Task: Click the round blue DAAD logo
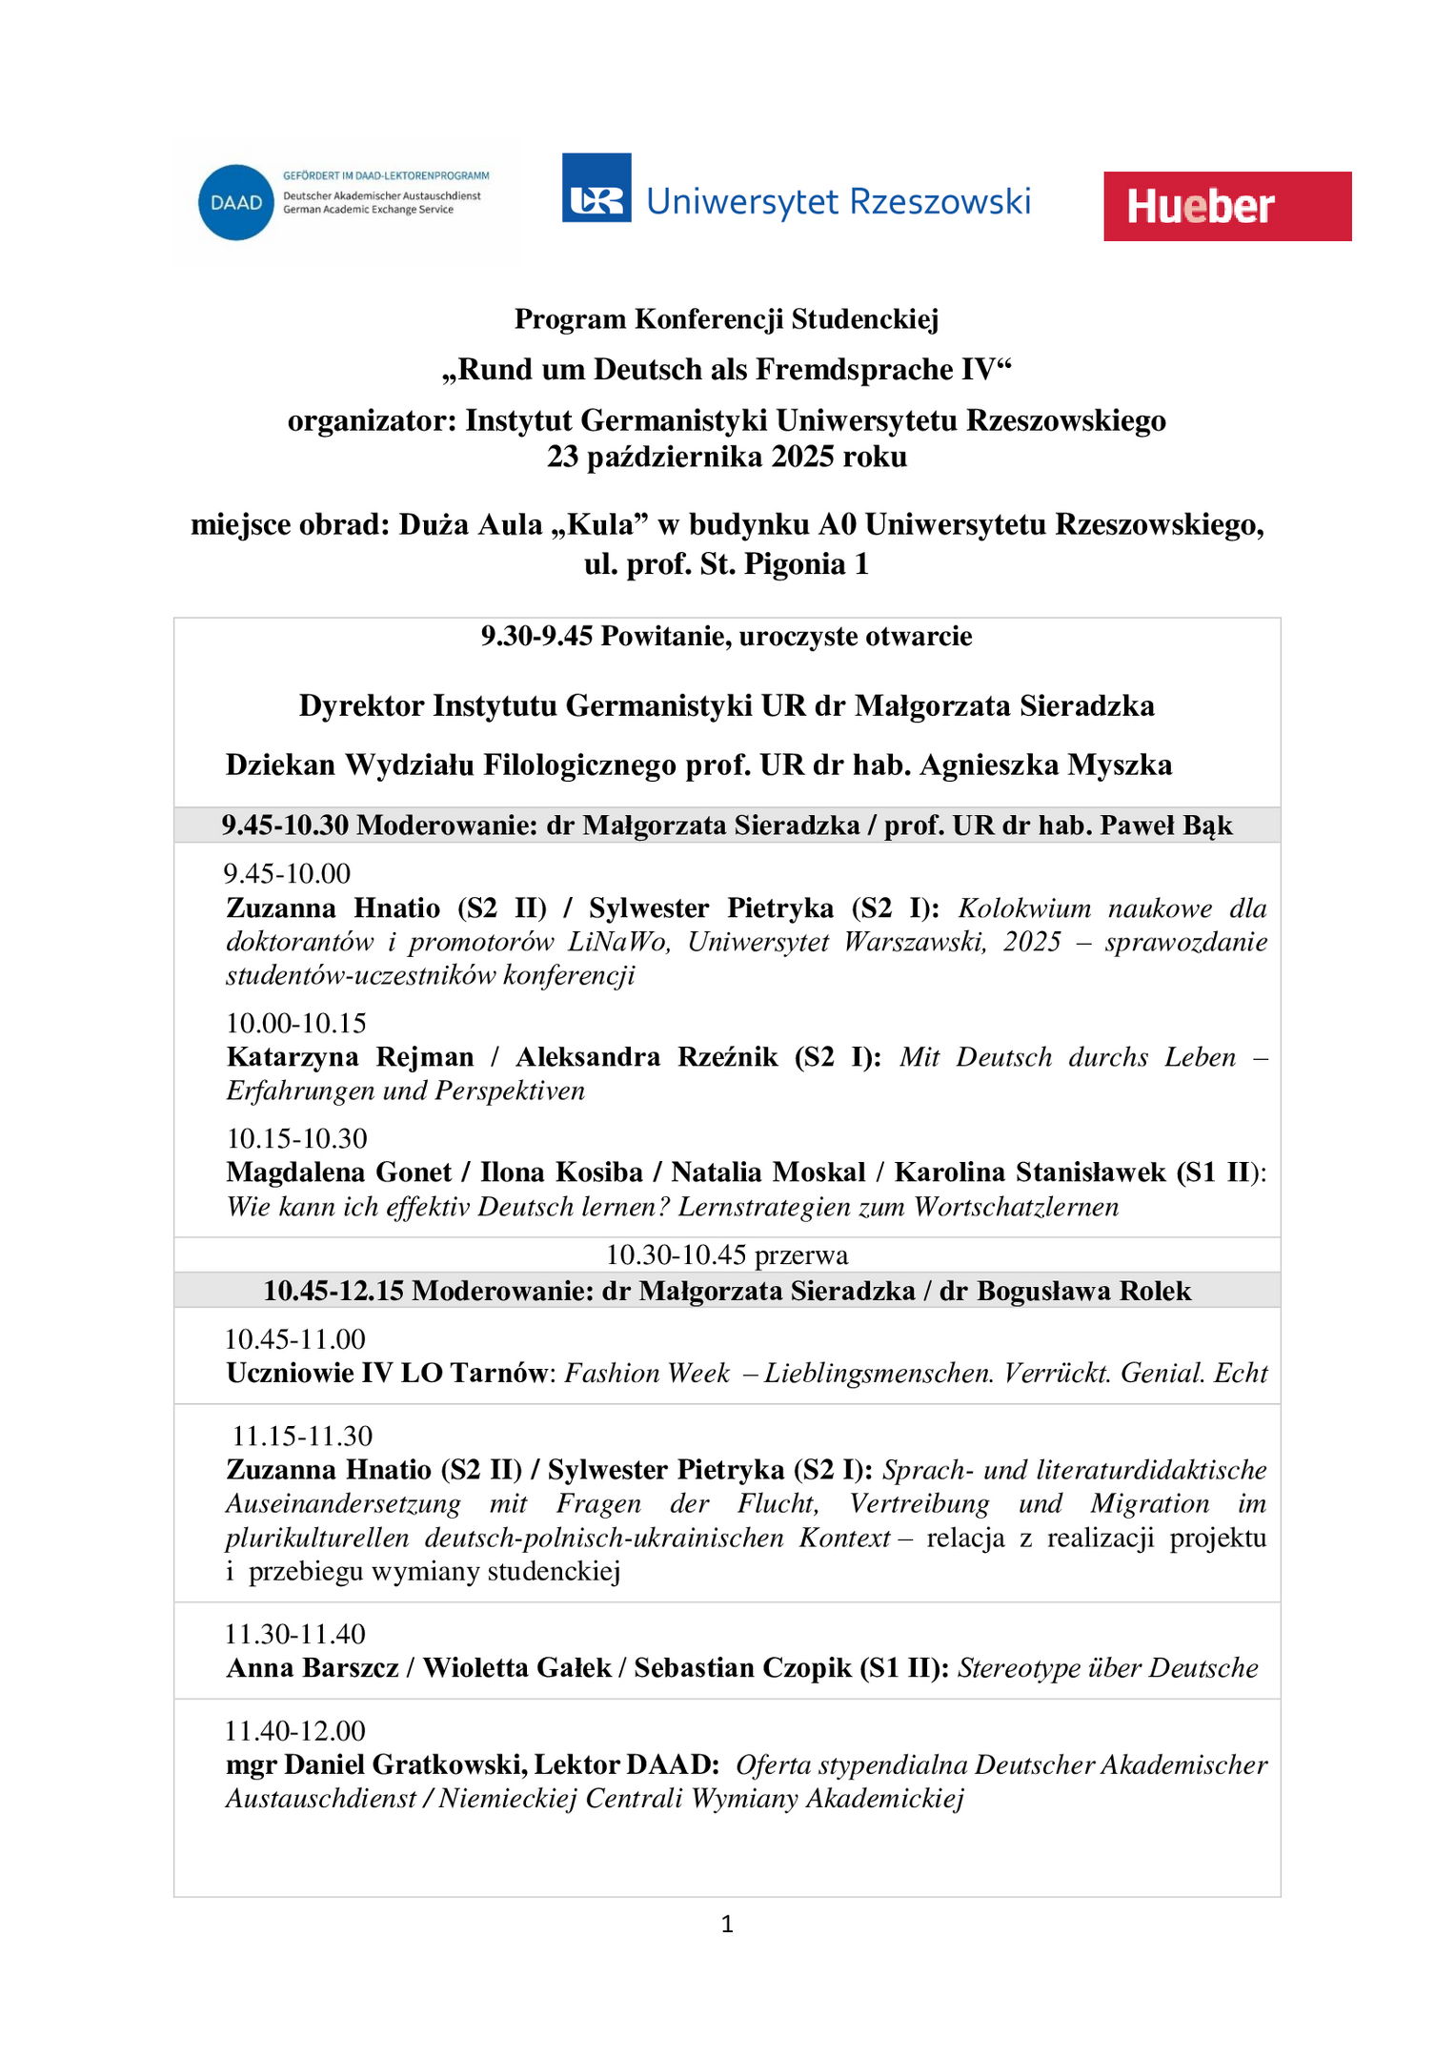[x=235, y=203]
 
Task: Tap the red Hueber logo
[x=1226, y=206]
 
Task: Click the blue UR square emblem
[x=596, y=188]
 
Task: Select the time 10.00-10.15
[x=296, y=1023]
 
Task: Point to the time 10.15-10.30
[x=296, y=1138]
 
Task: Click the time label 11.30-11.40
[x=295, y=1634]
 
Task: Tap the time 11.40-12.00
[x=295, y=1730]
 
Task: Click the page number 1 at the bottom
[x=727, y=1925]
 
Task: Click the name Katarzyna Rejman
[x=350, y=1057]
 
